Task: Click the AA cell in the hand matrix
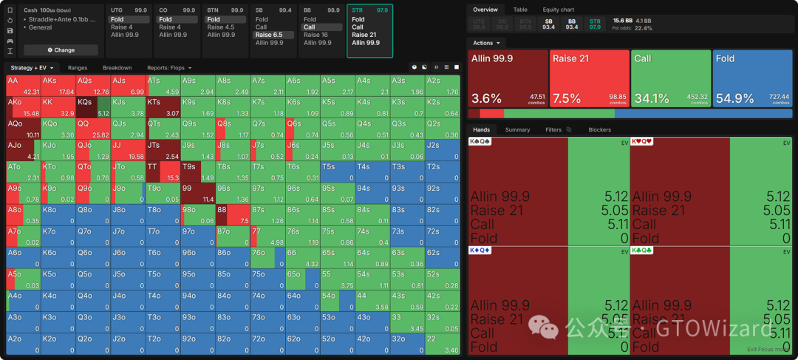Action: (22, 85)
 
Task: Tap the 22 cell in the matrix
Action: (443, 343)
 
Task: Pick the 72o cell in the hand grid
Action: (267, 343)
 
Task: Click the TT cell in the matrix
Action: (162, 172)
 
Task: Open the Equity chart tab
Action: (559, 10)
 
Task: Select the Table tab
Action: (520, 10)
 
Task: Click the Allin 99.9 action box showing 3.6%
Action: (508, 78)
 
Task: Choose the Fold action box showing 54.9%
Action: (751, 78)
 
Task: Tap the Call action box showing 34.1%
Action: (670, 78)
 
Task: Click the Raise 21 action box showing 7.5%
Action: (589, 78)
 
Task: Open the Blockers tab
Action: (599, 129)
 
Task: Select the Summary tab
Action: (517, 129)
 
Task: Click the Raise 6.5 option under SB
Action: (269, 35)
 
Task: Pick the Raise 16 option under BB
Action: (316, 35)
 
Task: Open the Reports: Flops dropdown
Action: (169, 68)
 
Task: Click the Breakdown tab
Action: (117, 68)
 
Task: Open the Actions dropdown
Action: (486, 43)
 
